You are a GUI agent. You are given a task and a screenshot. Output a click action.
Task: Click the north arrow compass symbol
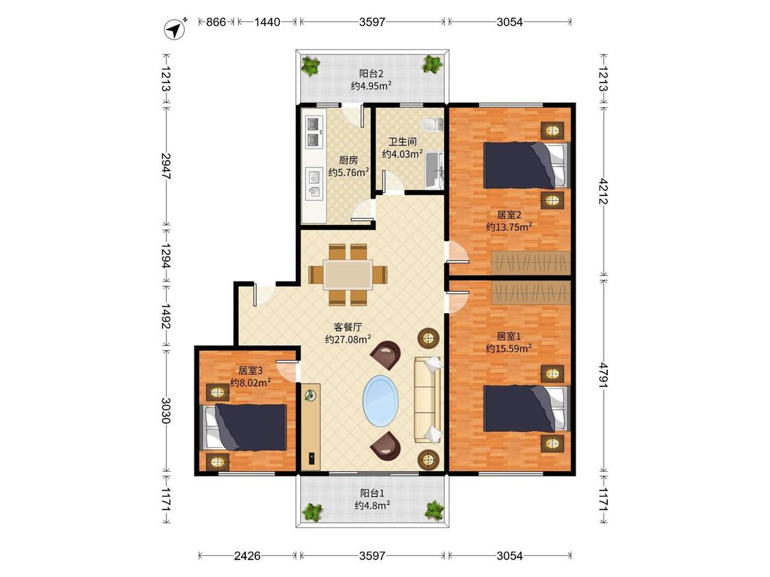[x=175, y=29]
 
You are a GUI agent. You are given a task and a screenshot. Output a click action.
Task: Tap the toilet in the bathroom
[x=433, y=124]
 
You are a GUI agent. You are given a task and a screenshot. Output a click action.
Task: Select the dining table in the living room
[x=348, y=275]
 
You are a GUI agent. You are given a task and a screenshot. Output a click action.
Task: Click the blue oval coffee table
[x=381, y=401]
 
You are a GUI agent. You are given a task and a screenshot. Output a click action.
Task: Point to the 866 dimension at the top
[x=216, y=22]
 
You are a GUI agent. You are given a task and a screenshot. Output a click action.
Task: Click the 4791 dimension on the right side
[x=603, y=375]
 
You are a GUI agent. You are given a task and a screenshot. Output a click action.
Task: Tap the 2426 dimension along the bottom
[x=247, y=556]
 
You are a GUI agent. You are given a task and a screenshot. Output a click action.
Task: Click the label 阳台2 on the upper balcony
[x=371, y=74]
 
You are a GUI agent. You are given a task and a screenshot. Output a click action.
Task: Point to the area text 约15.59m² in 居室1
[x=509, y=349]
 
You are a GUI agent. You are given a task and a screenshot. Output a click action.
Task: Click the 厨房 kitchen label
[x=348, y=160]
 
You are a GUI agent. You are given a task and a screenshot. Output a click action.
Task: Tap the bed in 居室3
[x=244, y=427]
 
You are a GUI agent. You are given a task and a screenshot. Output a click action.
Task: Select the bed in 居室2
[x=526, y=165]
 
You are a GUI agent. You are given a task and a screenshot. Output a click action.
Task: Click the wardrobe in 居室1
[x=531, y=293]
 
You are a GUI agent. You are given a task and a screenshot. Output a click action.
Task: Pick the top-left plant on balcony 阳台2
[x=310, y=66]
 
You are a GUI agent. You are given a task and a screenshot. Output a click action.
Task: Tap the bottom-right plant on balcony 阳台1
[x=434, y=511]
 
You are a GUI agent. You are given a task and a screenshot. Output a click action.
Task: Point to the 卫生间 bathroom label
[x=402, y=142]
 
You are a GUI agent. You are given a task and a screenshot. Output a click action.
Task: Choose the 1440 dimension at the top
[x=267, y=22]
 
